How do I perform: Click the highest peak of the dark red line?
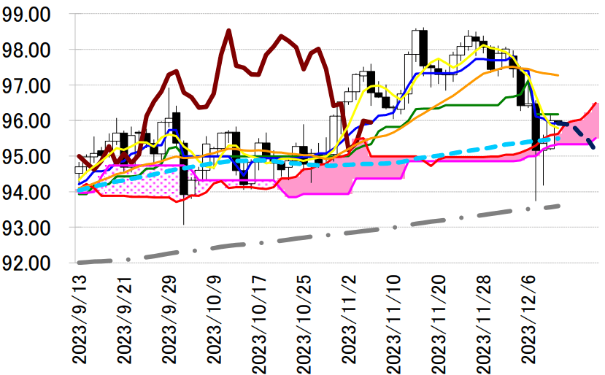pyautogui.click(x=228, y=31)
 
